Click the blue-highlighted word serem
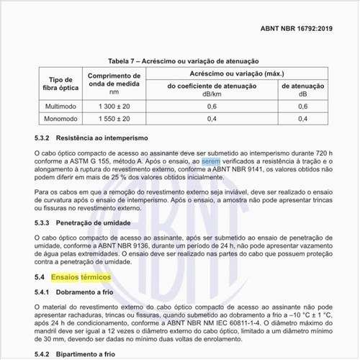pos(211,163)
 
